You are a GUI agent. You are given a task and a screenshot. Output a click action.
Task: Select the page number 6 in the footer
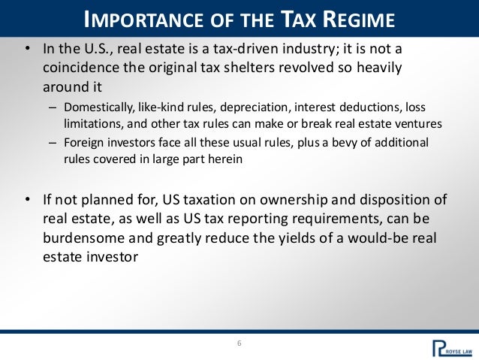pyautogui.click(x=239, y=344)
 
